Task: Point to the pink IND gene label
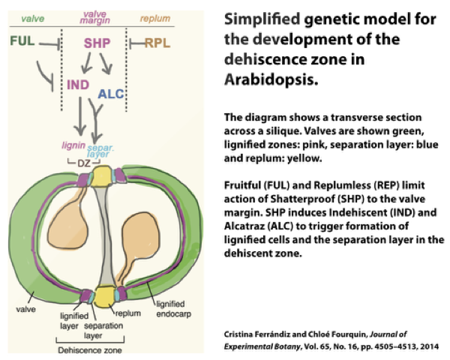pos(79,84)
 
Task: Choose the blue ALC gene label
pos(112,95)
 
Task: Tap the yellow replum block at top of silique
pos(102,174)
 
